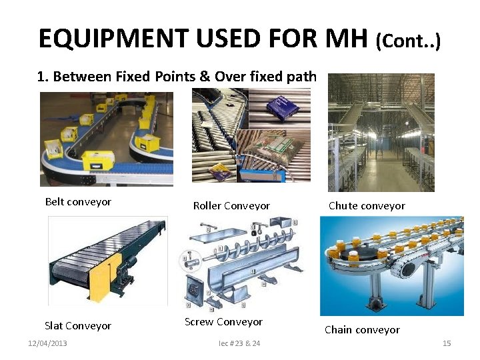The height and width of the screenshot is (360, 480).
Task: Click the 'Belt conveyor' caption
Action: point(78,201)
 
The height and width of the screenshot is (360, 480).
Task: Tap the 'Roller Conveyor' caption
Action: point(231,206)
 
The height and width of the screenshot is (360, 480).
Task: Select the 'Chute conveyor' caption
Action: point(367,206)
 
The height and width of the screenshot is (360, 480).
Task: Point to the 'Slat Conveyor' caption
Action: point(78,326)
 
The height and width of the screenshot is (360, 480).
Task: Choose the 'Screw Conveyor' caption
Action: point(223,322)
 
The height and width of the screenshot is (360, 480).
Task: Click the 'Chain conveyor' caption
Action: point(362,329)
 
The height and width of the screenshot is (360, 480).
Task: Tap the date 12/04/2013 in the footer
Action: point(47,343)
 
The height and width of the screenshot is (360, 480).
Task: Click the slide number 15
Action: point(447,343)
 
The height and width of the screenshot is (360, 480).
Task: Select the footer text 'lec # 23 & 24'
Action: point(239,343)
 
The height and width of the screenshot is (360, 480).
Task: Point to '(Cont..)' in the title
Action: point(408,42)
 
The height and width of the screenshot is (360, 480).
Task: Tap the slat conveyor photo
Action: point(107,260)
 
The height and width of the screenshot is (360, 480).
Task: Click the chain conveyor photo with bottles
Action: point(391,265)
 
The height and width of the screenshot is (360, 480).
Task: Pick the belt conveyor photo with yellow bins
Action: point(106,139)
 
